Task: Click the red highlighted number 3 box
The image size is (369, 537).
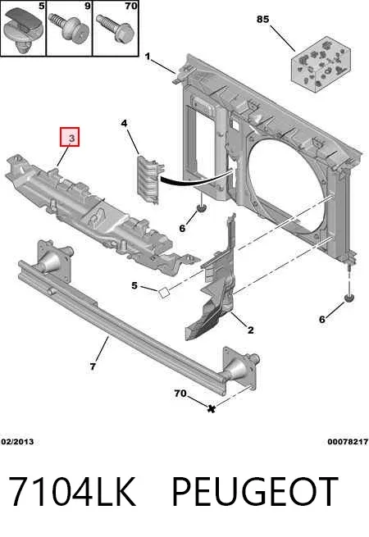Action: (70, 137)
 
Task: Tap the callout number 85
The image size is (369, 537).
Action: (262, 19)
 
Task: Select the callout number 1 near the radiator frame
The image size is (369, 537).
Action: (148, 57)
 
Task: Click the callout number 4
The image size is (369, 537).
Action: (124, 123)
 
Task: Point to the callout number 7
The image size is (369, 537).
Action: (93, 366)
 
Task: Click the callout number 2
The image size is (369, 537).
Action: (250, 330)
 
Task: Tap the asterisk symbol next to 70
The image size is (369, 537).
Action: (212, 408)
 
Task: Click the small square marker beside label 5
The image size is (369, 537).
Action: (164, 294)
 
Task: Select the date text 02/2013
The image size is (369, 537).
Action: (17, 441)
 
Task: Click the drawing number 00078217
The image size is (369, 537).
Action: (348, 441)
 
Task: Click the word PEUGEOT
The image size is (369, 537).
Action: (255, 492)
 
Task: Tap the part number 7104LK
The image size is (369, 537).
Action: (72, 492)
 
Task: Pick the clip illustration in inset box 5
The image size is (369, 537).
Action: (22, 30)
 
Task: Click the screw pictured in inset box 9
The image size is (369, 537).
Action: (70, 29)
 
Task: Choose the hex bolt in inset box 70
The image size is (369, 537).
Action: (115, 28)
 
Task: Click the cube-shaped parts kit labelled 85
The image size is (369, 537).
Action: (321, 64)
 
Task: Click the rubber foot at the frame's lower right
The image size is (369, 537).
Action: (348, 298)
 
